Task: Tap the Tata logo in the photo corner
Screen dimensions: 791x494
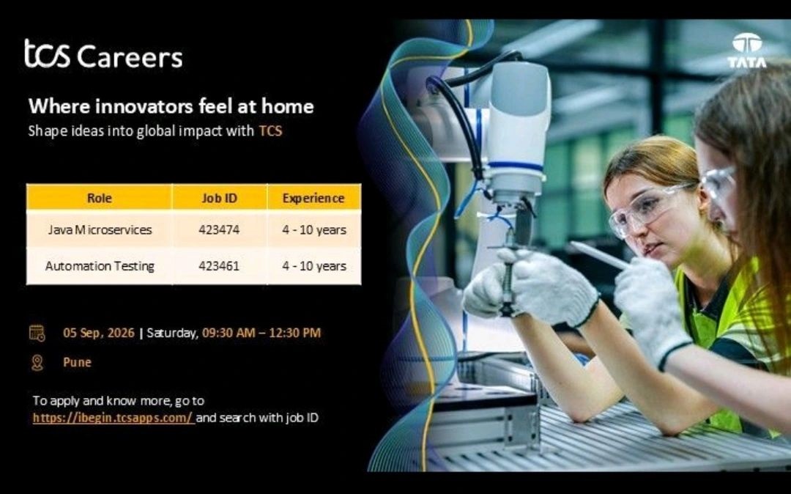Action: point(746,51)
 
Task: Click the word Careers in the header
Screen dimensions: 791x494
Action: point(130,56)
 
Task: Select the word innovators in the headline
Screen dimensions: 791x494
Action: point(144,106)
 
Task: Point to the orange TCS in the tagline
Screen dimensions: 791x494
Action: point(270,131)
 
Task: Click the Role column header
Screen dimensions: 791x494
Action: point(100,198)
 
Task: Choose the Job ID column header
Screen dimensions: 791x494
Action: point(220,198)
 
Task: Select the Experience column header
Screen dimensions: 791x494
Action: point(313,199)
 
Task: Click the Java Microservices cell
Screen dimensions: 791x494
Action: point(100,230)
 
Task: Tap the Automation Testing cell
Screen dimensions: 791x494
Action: point(100,266)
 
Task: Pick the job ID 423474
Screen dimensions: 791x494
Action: point(219,230)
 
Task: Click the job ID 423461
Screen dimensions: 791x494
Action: point(219,266)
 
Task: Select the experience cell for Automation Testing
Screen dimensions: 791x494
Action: point(314,266)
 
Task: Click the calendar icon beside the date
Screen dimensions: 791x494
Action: point(37,333)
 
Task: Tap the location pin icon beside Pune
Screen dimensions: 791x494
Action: point(37,362)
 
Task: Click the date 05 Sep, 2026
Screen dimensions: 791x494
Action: point(99,333)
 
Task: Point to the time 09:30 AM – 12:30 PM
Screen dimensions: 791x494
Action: point(261,333)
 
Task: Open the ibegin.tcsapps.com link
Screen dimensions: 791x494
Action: point(114,418)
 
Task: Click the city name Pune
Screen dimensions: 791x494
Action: point(77,362)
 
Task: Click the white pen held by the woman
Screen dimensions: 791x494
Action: point(599,255)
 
